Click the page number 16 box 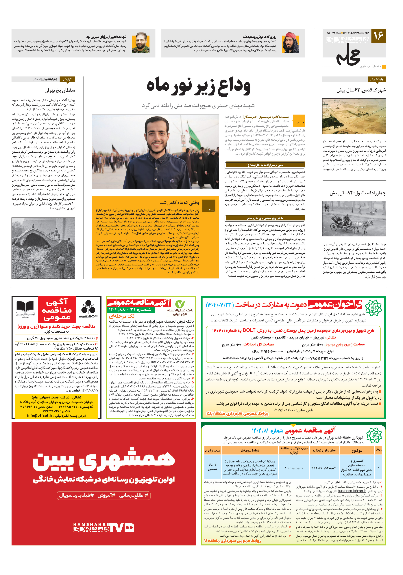click(x=378, y=36)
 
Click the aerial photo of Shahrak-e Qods click(x=354, y=116)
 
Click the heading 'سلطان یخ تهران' click(x=60, y=90)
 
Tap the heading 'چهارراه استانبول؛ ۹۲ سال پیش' click(x=358, y=193)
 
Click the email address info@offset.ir click(x=40, y=415)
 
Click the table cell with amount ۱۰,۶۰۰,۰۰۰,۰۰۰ click(x=294, y=468)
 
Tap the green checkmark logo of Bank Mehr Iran click(x=180, y=304)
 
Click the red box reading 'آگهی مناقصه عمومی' click(x=57, y=310)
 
